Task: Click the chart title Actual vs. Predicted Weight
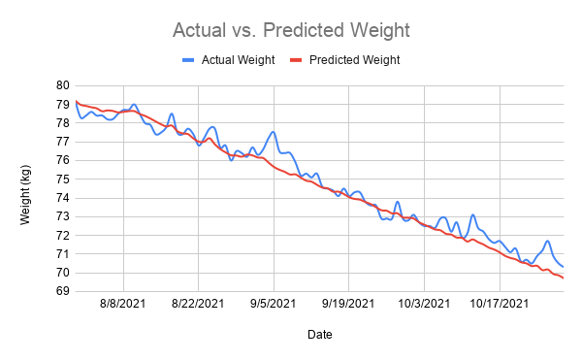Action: coord(291,30)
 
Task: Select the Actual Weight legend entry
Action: coord(229,60)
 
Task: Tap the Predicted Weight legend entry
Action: coord(345,60)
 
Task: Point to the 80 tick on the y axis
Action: coord(63,85)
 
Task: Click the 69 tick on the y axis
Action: coord(63,291)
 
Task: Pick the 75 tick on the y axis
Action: coord(63,179)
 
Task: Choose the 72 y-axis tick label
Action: coord(63,235)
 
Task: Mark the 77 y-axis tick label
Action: coord(63,142)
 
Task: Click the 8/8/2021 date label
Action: coord(122,304)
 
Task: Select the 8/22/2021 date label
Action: coord(198,304)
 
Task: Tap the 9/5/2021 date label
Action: coord(274,304)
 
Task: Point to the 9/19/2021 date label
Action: coord(348,304)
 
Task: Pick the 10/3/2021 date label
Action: coord(424,304)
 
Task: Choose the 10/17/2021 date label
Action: coord(500,304)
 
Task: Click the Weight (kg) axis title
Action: coord(25,195)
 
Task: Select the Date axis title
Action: coord(319,335)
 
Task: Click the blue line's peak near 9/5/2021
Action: coord(274,131)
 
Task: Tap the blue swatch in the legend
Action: coord(188,60)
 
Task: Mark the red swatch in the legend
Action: coord(296,60)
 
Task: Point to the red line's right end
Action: coord(564,278)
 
